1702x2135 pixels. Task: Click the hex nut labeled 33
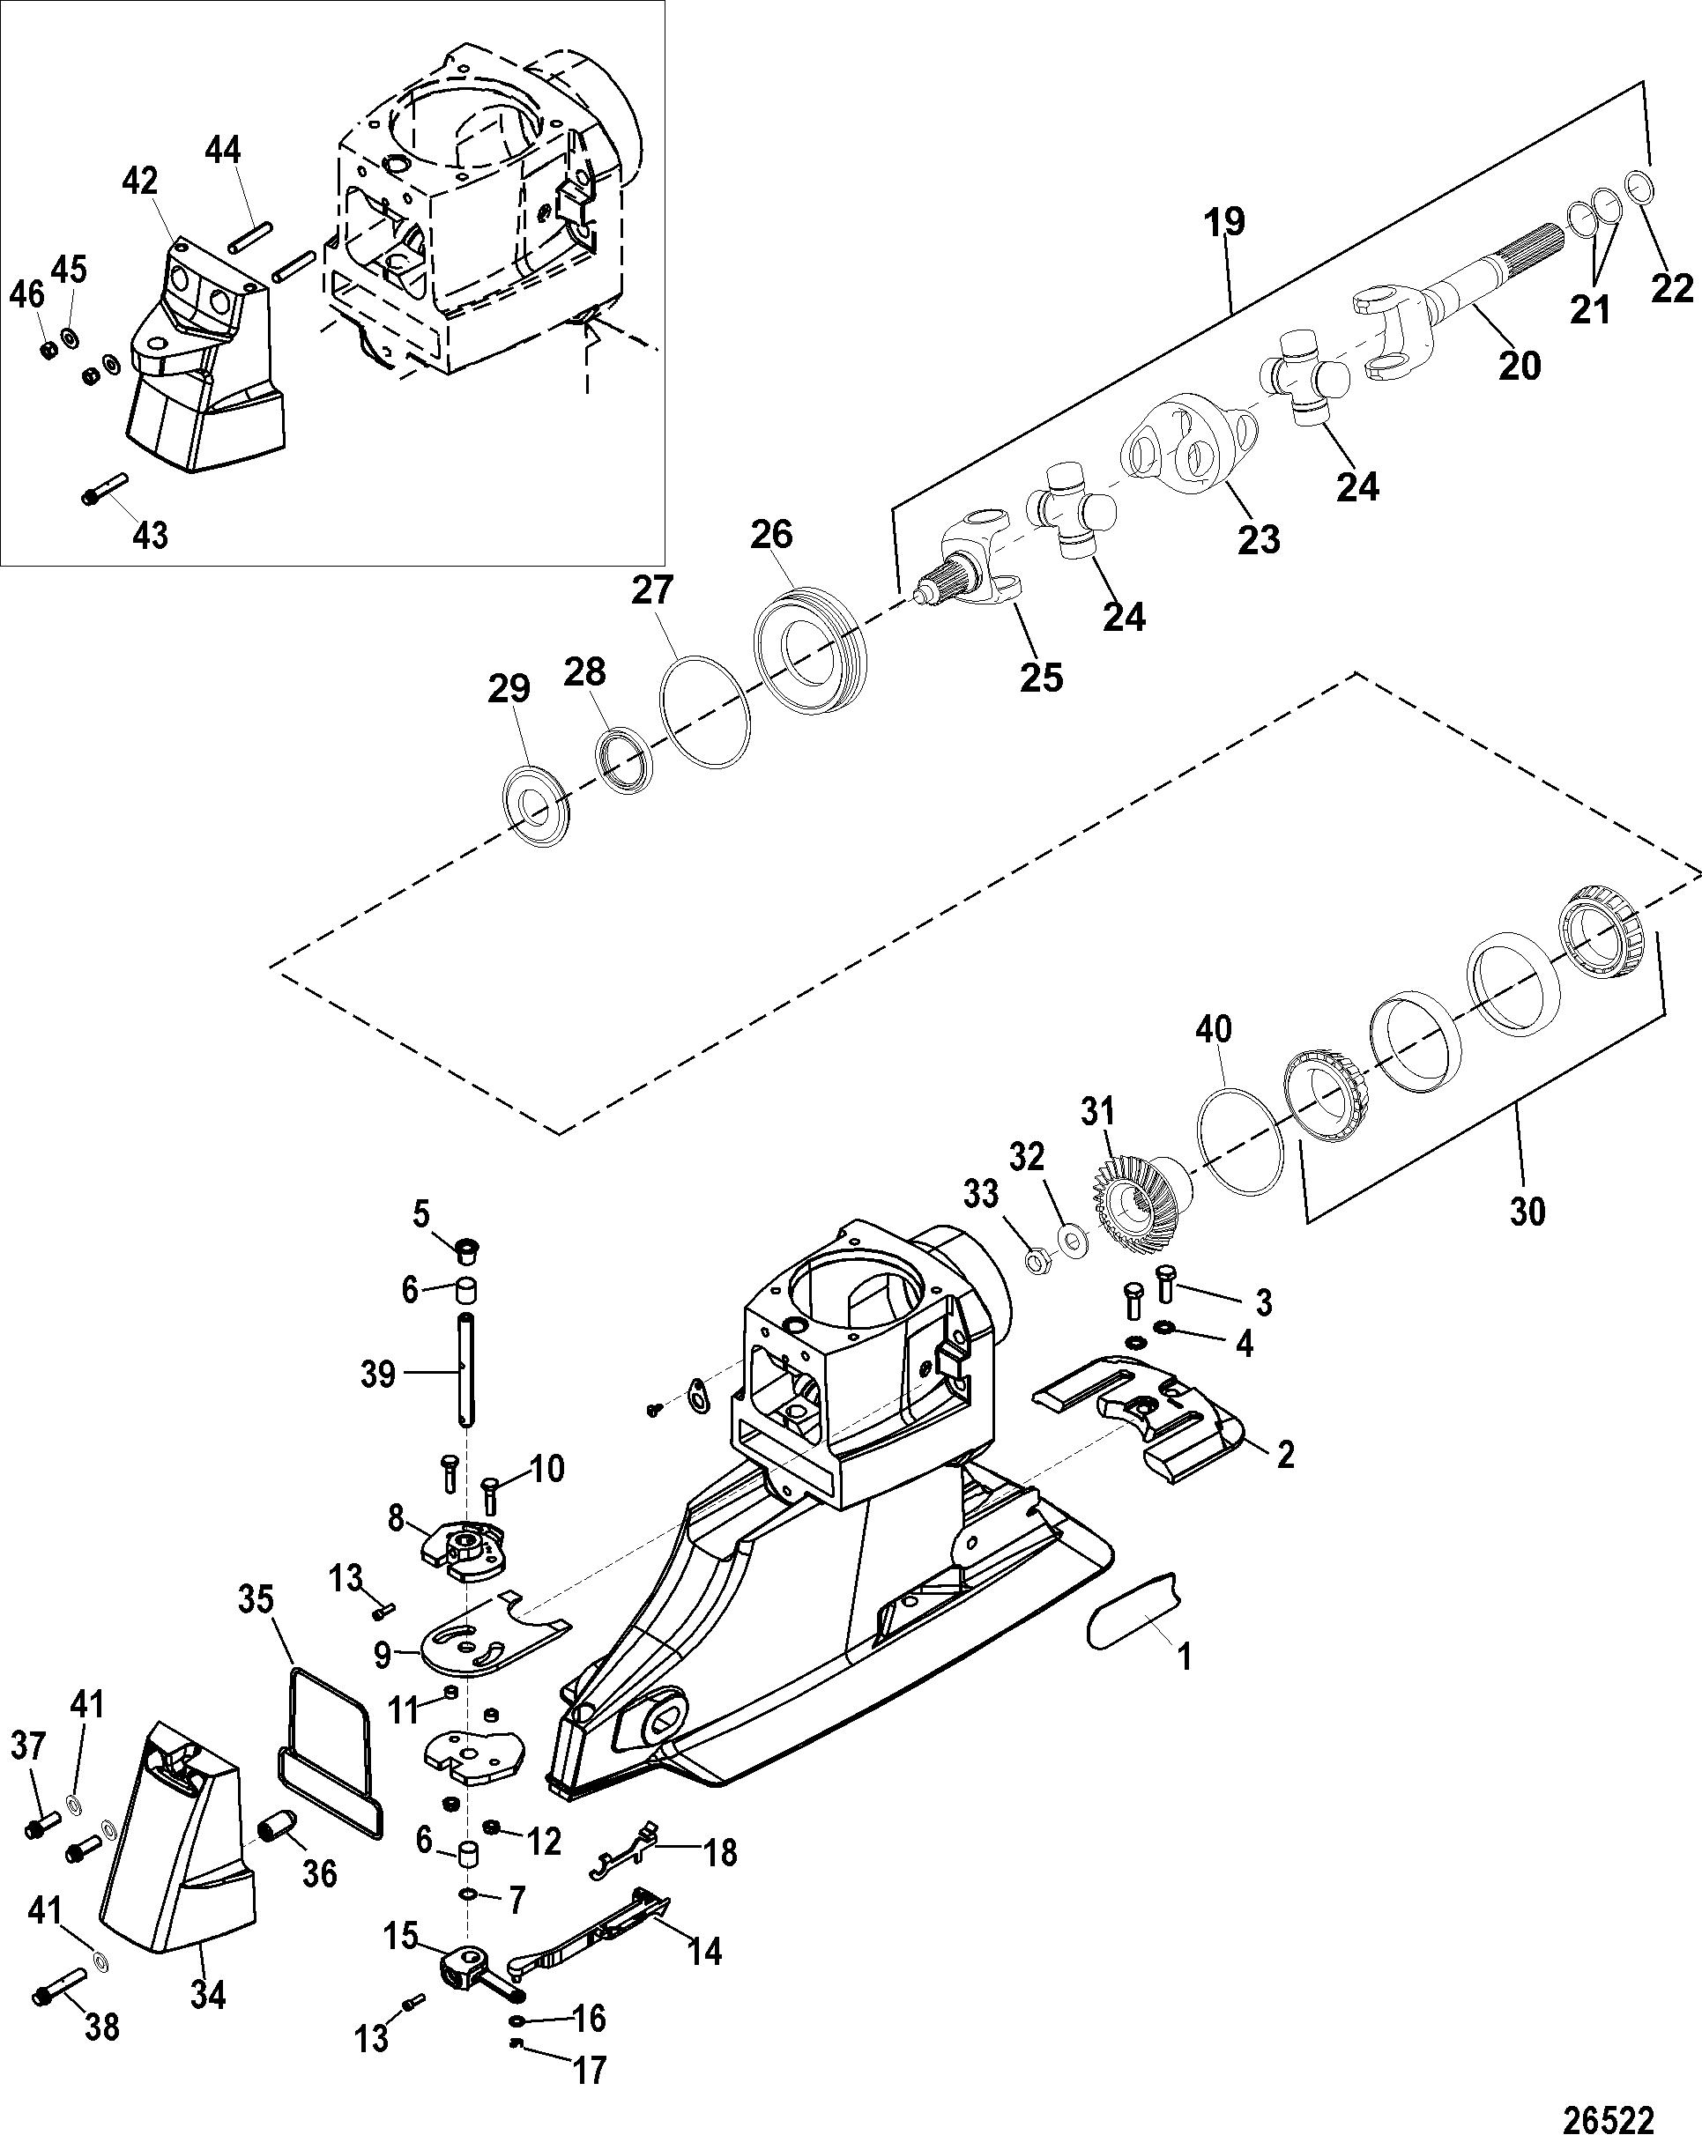pos(1039,1263)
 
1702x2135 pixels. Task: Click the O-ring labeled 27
pos(704,711)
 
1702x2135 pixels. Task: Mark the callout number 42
pos(141,182)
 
